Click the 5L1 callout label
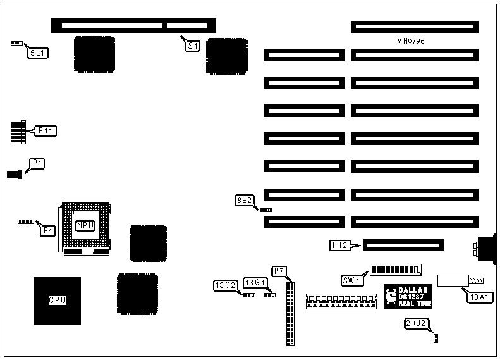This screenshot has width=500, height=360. [37, 53]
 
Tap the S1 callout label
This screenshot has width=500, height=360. [192, 46]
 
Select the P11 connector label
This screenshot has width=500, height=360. [46, 131]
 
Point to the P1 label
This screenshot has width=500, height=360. [38, 163]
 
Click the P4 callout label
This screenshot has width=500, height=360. [47, 231]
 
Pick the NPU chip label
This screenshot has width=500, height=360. [85, 225]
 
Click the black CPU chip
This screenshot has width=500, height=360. [58, 301]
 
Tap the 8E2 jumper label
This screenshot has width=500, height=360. [244, 201]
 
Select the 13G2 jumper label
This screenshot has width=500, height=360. [224, 285]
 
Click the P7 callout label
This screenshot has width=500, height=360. [279, 271]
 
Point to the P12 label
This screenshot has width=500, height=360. [340, 245]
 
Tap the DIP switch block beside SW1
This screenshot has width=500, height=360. [395, 270]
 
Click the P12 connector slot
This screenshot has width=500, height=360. [404, 245]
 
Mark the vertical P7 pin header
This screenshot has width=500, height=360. [290, 313]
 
